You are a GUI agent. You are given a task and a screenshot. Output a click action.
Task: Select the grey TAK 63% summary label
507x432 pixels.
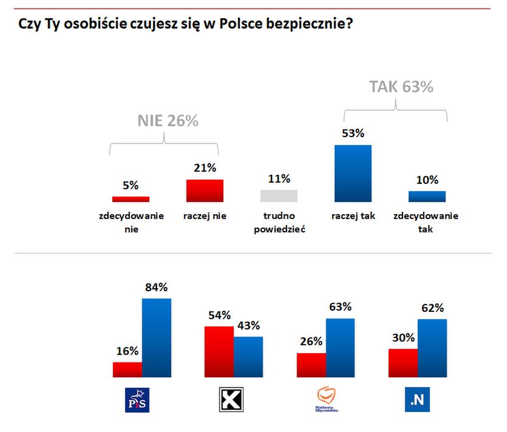pos(401,87)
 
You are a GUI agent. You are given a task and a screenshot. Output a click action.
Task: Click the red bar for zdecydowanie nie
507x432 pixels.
pos(131,198)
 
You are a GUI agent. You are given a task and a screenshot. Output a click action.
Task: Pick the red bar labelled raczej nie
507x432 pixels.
pos(205,191)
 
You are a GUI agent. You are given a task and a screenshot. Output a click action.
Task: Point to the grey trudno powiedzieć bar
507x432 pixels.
pos(279,195)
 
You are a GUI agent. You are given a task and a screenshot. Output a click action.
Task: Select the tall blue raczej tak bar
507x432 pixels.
pos(353,173)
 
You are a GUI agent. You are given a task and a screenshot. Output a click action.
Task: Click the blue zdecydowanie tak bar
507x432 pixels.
pos(427,196)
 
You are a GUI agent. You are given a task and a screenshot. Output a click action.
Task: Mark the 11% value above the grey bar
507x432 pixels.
pos(279,178)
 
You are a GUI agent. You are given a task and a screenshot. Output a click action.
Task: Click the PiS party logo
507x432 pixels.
pos(137,400)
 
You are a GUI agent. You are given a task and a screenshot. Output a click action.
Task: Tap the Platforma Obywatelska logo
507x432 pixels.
pos(327,400)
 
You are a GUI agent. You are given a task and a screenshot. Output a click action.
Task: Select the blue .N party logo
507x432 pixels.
pos(417,400)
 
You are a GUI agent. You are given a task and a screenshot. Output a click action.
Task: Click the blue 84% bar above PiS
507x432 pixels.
pos(157,337)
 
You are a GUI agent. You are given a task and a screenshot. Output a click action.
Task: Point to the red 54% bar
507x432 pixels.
pos(219,351)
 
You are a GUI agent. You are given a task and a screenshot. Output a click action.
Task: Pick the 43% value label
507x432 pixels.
pos(248,325)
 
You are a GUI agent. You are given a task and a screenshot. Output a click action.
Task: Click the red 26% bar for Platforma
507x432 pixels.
pos(311,365)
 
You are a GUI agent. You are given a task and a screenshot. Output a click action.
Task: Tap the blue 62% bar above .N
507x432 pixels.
pos(432,348)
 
